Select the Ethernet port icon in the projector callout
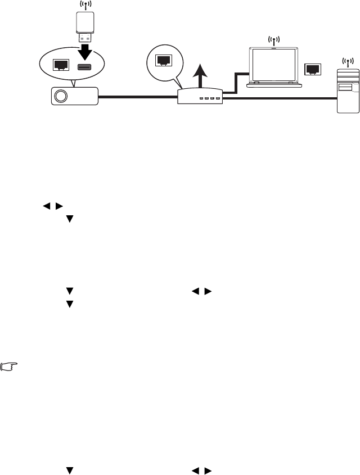[60, 65]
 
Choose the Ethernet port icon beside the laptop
[312, 69]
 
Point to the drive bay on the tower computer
[347, 88]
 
